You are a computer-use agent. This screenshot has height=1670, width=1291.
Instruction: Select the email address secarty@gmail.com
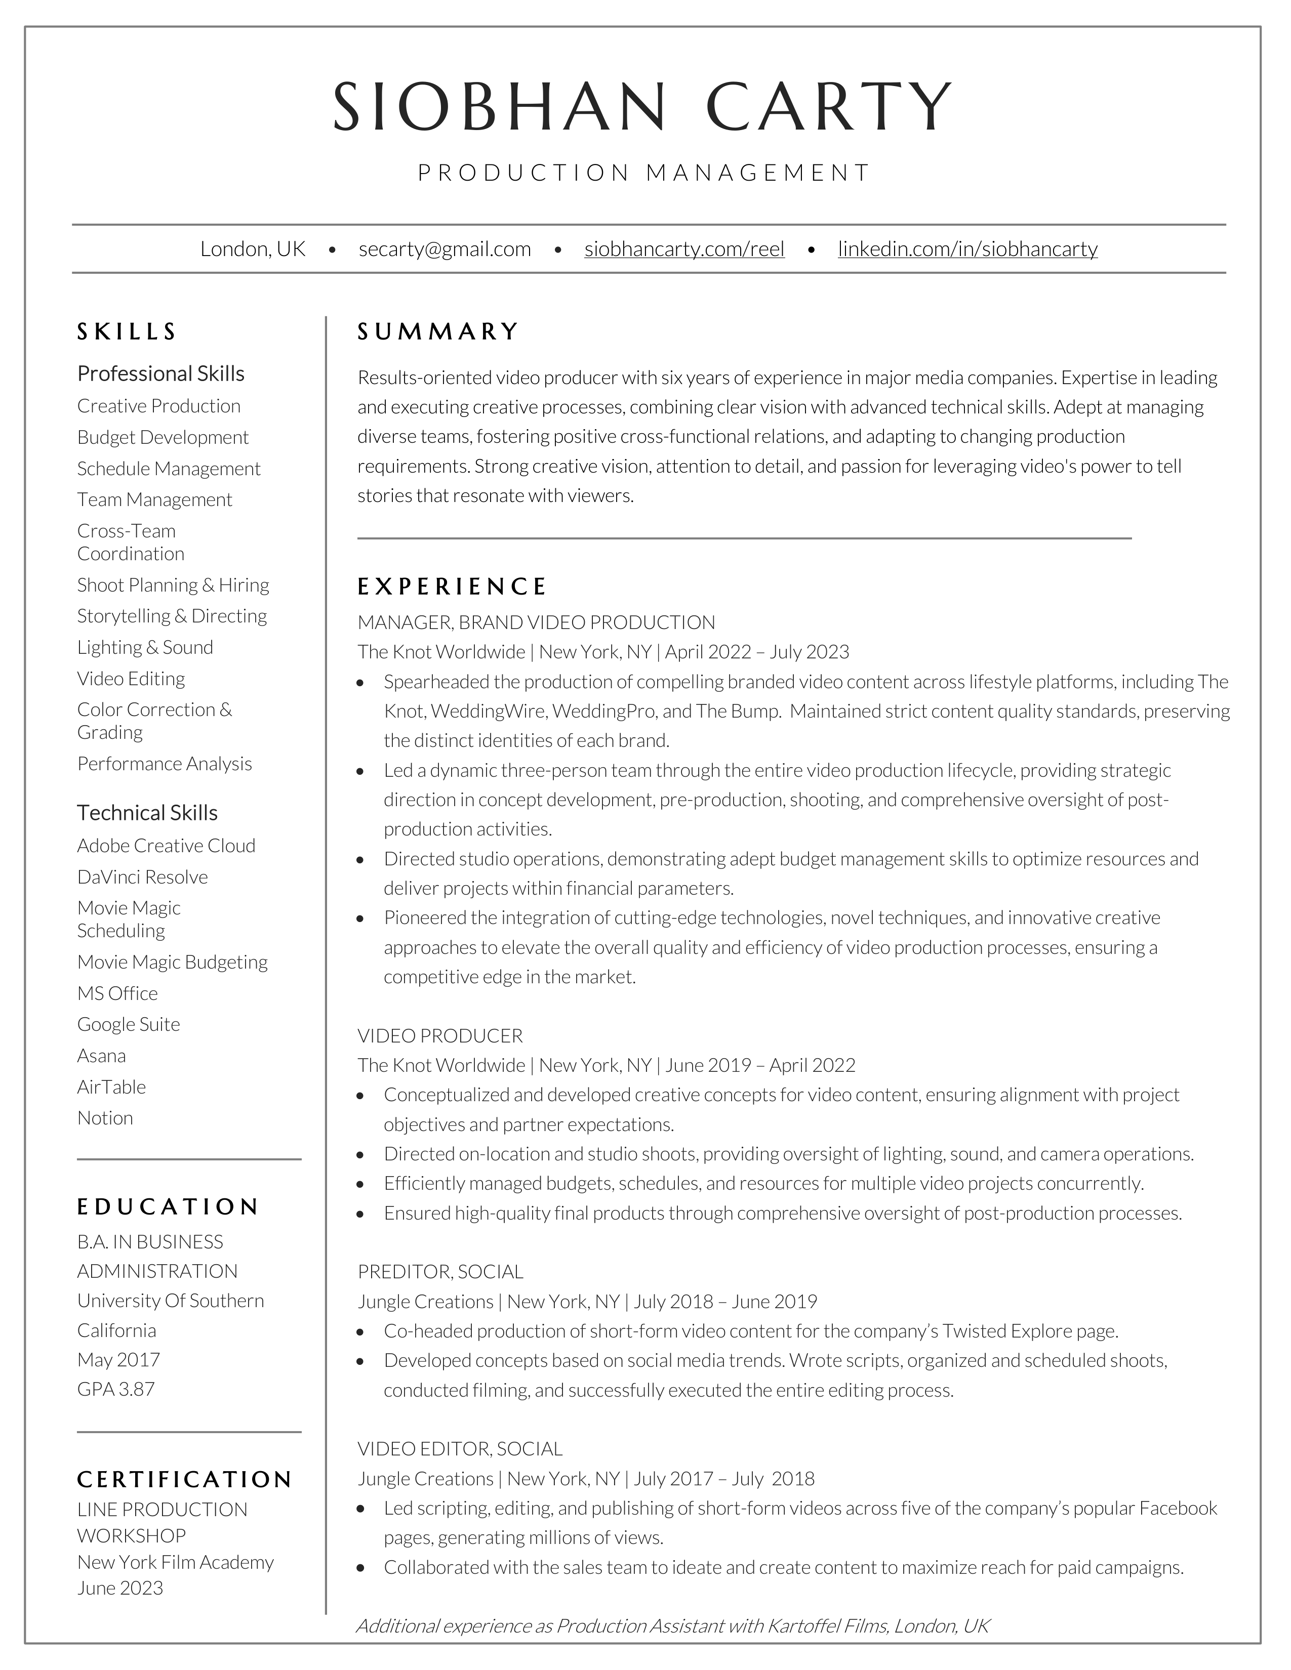(445, 249)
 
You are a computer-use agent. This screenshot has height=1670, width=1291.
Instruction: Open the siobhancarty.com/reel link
(684, 249)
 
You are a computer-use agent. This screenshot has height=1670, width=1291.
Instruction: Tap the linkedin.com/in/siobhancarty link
(967, 249)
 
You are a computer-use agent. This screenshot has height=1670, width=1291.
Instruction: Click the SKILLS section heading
(127, 332)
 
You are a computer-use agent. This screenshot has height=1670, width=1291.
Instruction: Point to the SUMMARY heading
(438, 332)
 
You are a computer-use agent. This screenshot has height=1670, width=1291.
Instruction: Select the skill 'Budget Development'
(163, 437)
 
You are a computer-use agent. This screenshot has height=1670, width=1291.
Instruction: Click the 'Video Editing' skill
(131, 679)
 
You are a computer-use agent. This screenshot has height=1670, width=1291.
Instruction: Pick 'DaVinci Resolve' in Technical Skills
(142, 877)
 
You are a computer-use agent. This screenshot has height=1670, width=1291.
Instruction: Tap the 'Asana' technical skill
(102, 1056)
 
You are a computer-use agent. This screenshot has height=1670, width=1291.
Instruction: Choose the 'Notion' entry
(105, 1118)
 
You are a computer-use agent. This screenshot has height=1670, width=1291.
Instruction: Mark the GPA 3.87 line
(116, 1389)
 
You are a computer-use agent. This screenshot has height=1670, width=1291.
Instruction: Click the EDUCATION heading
(168, 1206)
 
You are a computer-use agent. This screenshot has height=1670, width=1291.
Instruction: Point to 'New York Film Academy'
(175, 1562)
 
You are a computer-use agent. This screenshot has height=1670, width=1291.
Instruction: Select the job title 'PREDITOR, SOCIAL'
(440, 1272)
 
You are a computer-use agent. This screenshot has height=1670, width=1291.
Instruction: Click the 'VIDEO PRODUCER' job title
(440, 1036)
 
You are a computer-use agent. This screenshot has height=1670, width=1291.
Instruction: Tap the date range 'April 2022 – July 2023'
(757, 652)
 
